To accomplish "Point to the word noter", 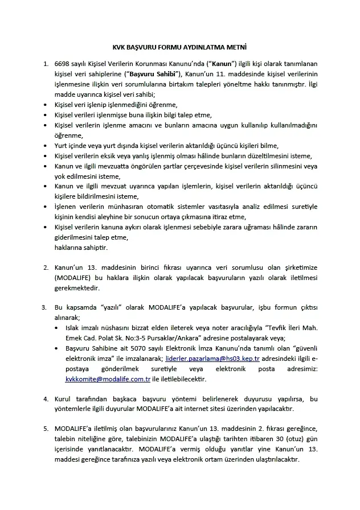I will pyautogui.click(x=203, y=328).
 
